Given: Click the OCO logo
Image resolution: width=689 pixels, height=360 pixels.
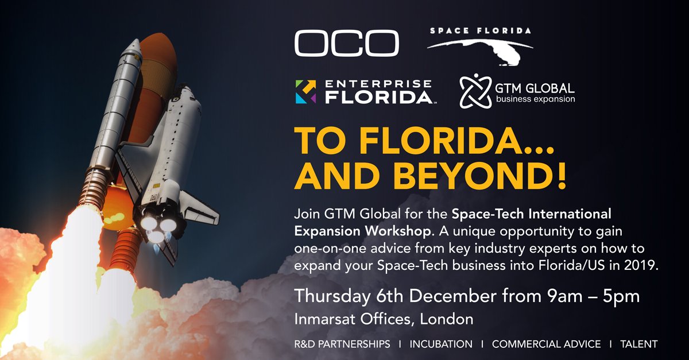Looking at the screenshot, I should tap(346, 44).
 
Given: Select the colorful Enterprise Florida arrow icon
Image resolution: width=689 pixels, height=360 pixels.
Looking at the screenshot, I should tap(305, 92).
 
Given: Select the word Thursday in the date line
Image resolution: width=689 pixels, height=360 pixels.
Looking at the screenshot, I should tap(327, 297).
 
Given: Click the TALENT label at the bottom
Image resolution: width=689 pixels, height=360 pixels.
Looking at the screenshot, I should tap(638, 344).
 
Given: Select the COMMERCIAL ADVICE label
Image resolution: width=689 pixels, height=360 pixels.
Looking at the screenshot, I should tap(546, 344).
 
